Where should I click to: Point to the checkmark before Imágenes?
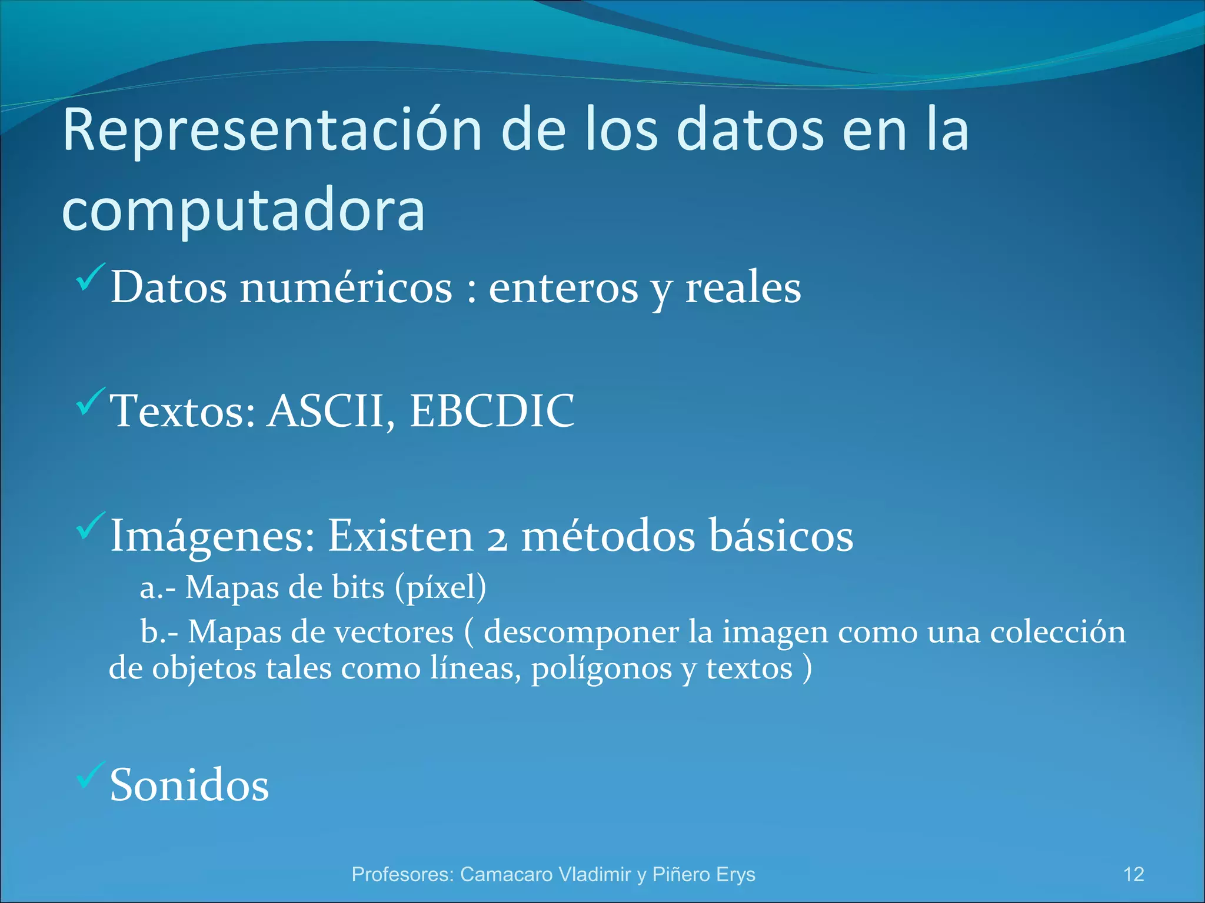[91, 526]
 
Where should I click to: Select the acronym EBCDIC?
[492, 411]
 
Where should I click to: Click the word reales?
[743, 288]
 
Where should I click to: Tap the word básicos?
[781, 536]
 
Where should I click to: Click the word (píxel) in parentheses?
[441, 588]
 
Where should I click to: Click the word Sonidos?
[189, 785]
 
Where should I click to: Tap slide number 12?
[1133, 874]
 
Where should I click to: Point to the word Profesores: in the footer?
[402, 874]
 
